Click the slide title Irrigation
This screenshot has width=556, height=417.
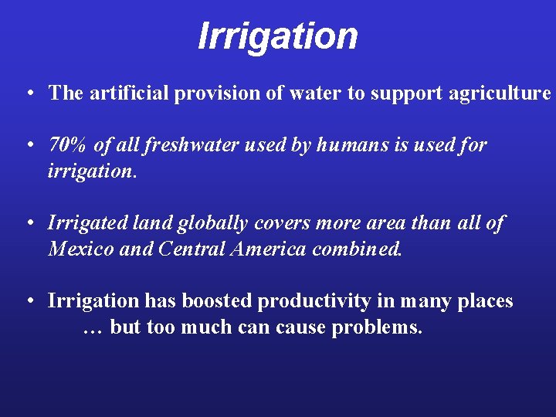tap(278, 36)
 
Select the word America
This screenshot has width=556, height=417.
tap(270, 249)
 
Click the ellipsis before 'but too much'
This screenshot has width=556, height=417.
tap(92, 327)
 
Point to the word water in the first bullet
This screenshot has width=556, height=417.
tap(316, 93)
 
